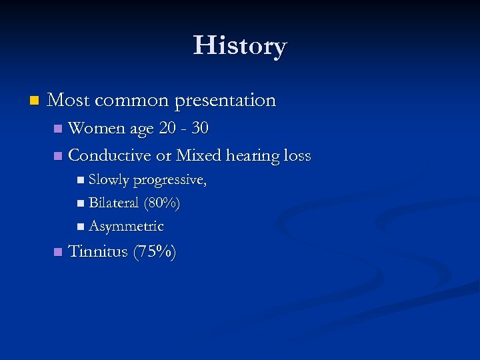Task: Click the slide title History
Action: pyautogui.click(x=240, y=46)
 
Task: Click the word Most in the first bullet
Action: pyautogui.click(x=69, y=101)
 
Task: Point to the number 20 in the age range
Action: pyautogui.click(x=167, y=128)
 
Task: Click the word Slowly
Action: pyautogui.click(x=109, y=180)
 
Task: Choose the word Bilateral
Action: pyautogui.click(x=113, y=203)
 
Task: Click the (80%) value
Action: pyautogui.click(x=162, y=203)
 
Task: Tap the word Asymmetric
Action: pyautogui.click(x=126, y=226)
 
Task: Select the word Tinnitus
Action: pyautogui.click(x=98, y=252)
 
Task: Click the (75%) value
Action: pyautogui.click(x=155, y=252)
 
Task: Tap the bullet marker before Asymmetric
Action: pyautogui.click(x=81, y=227)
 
